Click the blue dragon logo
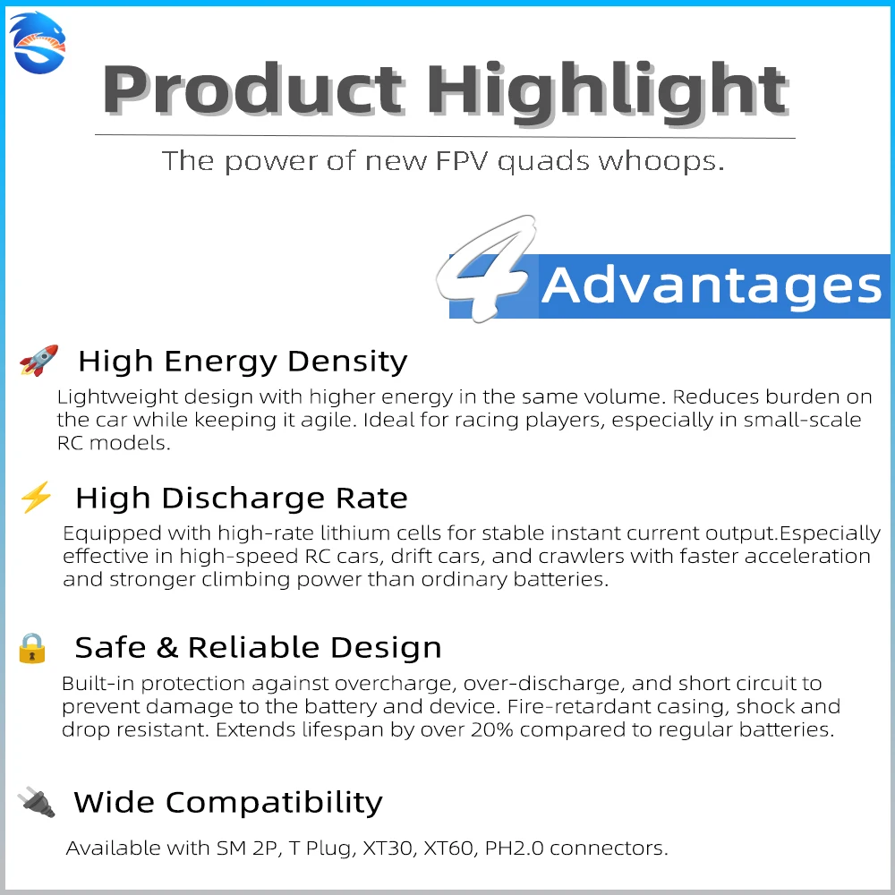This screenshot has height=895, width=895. pos(38,43)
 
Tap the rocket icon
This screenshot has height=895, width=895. pos(38,360)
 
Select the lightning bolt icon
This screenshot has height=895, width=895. pos(36,497)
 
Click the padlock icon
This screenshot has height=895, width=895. pos(32,648)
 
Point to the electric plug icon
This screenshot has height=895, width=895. pos(37,801)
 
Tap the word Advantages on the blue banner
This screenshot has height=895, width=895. pos(712,286)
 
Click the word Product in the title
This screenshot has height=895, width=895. pos(253,90)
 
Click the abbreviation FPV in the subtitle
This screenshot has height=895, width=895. pos(462,160)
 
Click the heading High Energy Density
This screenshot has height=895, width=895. pos(243,362)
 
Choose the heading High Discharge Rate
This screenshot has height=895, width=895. pos(242,498)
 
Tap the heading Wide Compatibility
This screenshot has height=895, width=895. pos(228,803)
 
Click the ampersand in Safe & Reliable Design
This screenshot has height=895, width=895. pos(166,647)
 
